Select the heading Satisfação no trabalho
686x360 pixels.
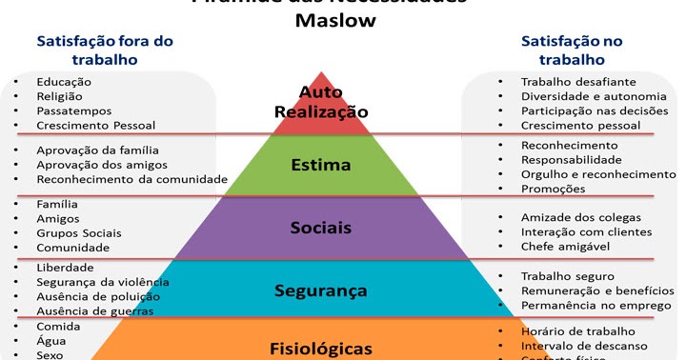tap(570, 50)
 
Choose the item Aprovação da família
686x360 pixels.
tap(97, 150)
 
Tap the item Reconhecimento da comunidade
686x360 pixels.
tap(131, 179)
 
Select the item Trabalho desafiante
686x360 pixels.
tap(576, 82)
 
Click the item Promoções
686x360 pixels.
tap(554, 189)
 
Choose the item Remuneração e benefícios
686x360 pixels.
tap(592, 290)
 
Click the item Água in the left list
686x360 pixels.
tap(51, 340)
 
